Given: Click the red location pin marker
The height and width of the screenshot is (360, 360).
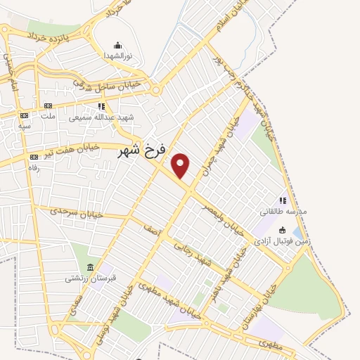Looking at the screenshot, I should [x=181, y=165].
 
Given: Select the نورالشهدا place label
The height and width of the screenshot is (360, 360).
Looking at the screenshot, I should [x=115, y=54].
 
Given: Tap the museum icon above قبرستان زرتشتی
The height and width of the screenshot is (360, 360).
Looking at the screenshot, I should [x=90, y=267].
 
